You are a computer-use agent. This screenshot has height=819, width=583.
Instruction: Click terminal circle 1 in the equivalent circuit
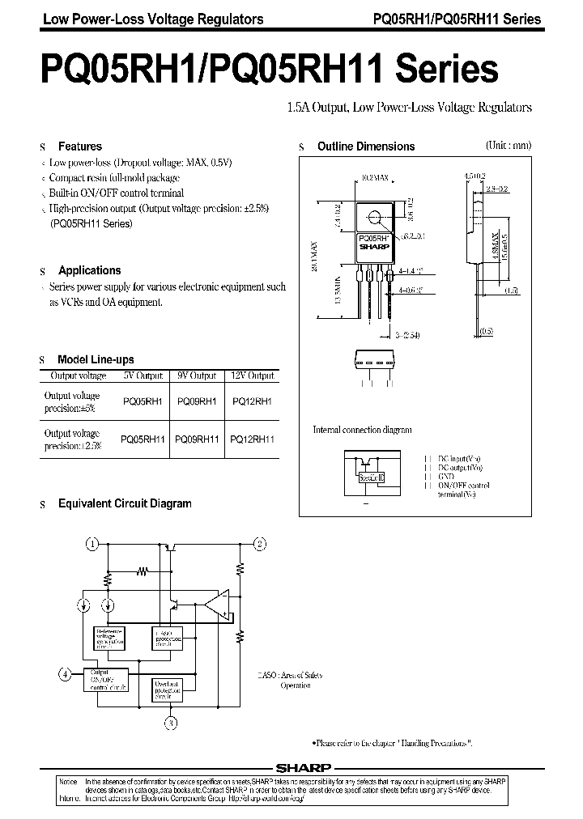pyautogui.click(x=94, y=543)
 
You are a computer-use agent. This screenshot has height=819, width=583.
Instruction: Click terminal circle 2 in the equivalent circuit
pyautogui.click(x=260, y=543)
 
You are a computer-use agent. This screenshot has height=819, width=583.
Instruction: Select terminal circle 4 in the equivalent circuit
pyautogui.click(x=66, y=673)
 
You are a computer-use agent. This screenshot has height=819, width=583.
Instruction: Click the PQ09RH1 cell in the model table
pyautogui.click(x=196, y=401)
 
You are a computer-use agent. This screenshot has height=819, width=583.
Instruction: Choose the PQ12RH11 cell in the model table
pyautogui.click(x=253, y=439)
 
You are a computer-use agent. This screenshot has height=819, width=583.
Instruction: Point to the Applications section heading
pyautogui.click(x=89, y=271)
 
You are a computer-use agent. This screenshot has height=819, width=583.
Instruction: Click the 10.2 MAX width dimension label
pyautogui.click(x=375, y=176)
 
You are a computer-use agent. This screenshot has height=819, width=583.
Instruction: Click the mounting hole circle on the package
pyautogui.click(x=375, y=218)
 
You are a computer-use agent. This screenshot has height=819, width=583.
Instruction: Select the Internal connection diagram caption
pyautogui.click(x=362, y=430)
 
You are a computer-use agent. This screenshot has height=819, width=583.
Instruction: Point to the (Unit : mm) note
pyautogui.click(x=508, y=146)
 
